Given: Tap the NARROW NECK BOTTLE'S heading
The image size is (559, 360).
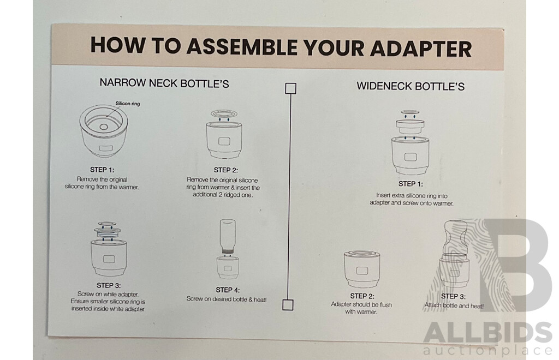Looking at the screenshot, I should pyautogui.click(x=164, y=83).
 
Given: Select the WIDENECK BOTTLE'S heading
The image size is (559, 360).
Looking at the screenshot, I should pyautogui.click(x=411, y=86).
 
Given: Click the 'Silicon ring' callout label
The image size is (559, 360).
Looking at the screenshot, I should pyautogui.click(x=128, y=103).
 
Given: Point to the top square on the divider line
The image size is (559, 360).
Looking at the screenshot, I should pyautogui.click(x=291, y=88).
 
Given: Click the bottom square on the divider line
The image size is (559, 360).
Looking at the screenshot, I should pyautogui.click(x=288, y=304).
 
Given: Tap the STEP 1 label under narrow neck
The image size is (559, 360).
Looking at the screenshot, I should pyautogui.click(x=102, y=170).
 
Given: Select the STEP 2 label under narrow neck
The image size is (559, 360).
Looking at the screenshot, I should pyautogui.click(x=225, y=170).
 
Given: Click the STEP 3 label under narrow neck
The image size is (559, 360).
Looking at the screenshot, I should pyautogui.click(x=109, y=285).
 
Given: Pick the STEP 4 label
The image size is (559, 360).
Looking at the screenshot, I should pyautogui.click(x=228, y=290).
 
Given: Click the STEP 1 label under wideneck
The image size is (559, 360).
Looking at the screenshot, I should pyautogui.click(x=411, y=184).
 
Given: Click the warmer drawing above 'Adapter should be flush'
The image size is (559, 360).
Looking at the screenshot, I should pyautogui.click(x=361, y=268).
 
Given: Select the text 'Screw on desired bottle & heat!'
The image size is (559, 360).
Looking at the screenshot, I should pyautogui.click(x=227, y=299).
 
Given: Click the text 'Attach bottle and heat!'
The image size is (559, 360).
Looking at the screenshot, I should pyautogui.click(x=454, y=306).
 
